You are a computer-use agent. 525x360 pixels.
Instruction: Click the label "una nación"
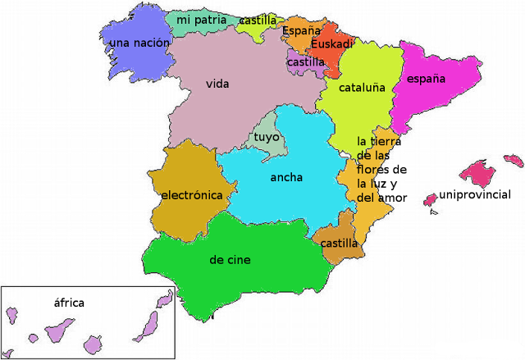coord(139,43)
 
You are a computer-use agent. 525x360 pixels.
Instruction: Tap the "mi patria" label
coord(201,19)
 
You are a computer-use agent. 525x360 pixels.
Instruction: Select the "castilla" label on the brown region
coord(339,244)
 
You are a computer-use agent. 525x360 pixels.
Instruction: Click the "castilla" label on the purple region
coord(306,62)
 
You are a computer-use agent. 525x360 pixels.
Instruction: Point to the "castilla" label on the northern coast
coord(258,20)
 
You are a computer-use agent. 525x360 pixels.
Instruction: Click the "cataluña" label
coord(362,88)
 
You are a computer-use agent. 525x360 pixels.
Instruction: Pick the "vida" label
coord(217,84)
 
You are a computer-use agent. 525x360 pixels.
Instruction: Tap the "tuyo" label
coord(267,137)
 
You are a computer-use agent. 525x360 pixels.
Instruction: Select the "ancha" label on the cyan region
coord(285,177)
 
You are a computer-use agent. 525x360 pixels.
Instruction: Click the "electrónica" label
coord(192,195)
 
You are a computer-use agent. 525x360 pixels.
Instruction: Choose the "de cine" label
coord(230,260)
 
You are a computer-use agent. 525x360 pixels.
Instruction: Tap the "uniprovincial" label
coord(475,195)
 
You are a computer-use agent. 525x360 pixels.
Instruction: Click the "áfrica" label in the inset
coord(69,303)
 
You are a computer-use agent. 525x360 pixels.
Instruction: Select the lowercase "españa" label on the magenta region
coord(426,79)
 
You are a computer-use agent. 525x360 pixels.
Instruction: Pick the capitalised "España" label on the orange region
coord(301,31)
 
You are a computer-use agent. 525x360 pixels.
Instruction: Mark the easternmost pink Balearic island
coord(514,160)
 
